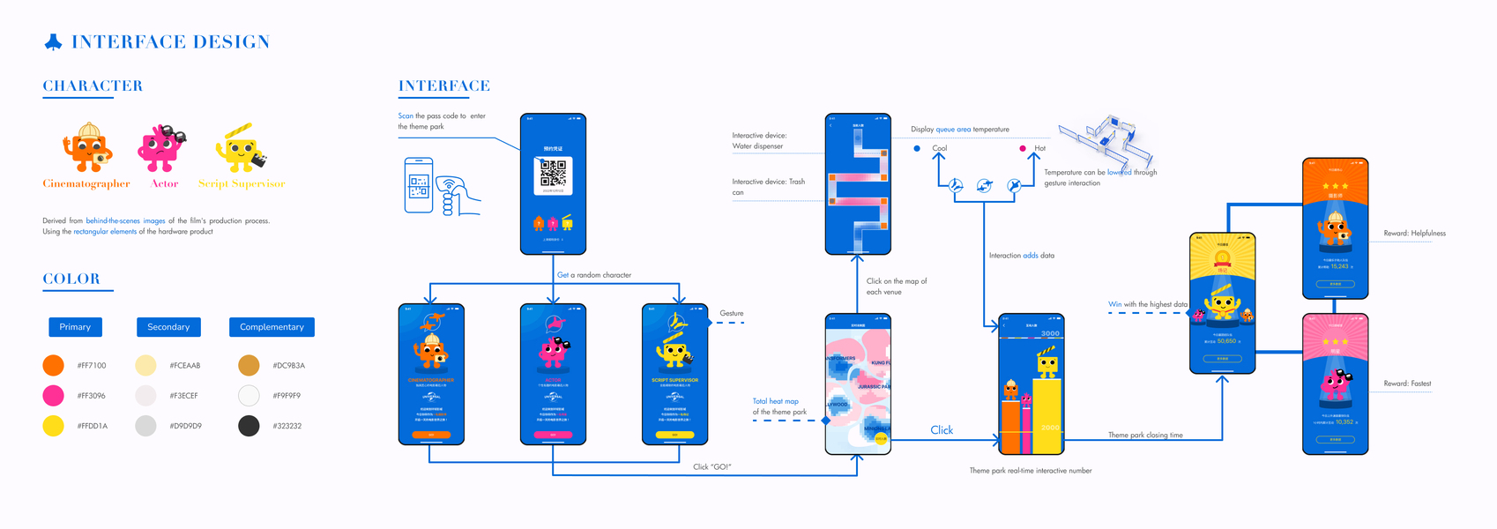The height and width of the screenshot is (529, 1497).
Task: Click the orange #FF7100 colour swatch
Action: [x=54, y=365]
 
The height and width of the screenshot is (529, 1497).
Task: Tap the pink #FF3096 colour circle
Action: [x=54, y=395]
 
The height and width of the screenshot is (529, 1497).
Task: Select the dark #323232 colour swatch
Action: [x=249, y=426]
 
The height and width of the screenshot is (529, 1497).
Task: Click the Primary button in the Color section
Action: [x=75, y=327]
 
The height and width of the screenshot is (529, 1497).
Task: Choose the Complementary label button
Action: [x=272, y=327]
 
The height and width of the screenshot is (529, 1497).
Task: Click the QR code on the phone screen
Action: [x=553, y=173]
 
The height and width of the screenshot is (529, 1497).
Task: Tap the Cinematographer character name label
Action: [x=86, y=184]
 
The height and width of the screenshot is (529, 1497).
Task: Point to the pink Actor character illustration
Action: [x=160, y=148]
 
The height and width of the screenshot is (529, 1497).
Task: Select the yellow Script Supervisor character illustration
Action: [x=241, y=148]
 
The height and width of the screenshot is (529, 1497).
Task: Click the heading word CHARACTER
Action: [x=93, y=86]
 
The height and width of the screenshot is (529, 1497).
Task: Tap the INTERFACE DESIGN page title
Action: [x=170, y=41]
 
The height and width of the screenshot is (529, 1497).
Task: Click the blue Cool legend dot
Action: [x=917, y=148]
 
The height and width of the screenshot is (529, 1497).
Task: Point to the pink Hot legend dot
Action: [x=1023, y=148]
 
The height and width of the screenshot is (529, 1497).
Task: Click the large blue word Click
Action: [x=942, y=430]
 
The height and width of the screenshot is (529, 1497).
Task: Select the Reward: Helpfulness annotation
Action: [x=1414, y=234]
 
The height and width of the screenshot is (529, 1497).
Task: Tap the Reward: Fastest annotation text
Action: [x=1407, y=384]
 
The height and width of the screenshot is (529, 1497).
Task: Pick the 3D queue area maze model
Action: [x=1106, y=141]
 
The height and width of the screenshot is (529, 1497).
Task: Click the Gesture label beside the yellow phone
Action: [x=732, y=314]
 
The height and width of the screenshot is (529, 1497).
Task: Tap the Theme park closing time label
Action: [x=1145, y=436]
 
